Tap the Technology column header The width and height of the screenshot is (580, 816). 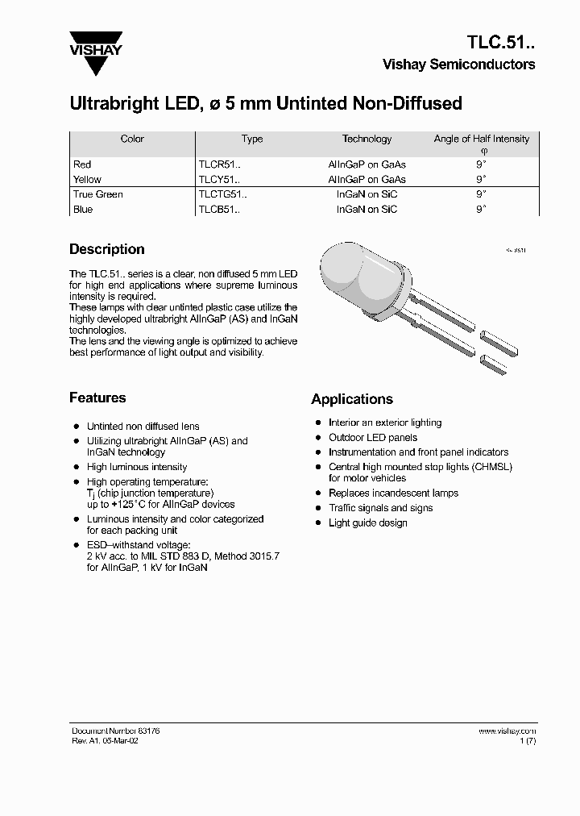pos(367,139)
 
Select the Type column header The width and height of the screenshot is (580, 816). pos(252,139)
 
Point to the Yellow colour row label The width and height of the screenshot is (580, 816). pos(87,179)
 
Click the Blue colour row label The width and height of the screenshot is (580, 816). pos(83,210)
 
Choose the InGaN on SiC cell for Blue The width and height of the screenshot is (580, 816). pos(367,210)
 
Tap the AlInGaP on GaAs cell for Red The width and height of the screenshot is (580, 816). pos(367,164)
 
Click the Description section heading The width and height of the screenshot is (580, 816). pos(106,249)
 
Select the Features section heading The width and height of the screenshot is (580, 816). pos(97,398)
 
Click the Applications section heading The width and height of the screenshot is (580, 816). pos(352,399)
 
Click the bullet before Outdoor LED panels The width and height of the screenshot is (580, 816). pos(318,438)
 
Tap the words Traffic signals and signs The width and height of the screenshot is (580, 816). pos(380,508)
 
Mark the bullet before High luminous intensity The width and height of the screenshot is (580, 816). pos(77,468)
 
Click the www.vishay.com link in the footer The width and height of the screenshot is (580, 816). pos(507,731)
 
